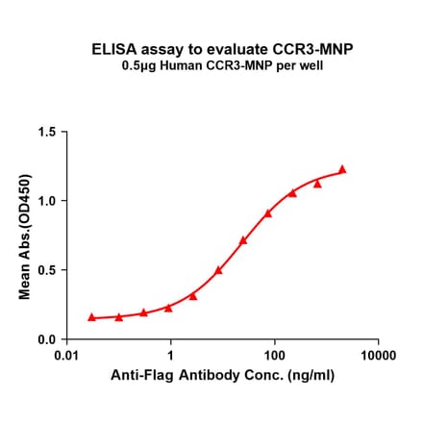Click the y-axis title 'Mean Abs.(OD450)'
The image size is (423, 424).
[25, 236]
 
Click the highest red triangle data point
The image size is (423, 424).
[341, 169]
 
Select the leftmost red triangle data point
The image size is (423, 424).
[92, 316]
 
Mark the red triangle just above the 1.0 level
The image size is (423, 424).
[292, 192]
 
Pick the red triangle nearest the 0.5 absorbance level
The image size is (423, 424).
[219, 270]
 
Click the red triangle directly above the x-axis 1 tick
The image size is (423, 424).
[168, 308]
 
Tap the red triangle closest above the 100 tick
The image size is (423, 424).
[268, 212]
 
